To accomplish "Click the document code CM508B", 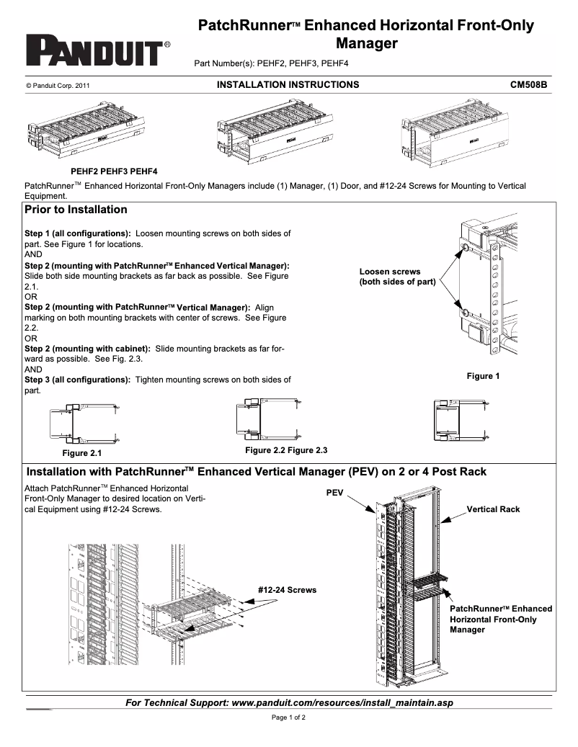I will coord(528,85).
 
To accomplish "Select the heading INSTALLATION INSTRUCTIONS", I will coord(288,85).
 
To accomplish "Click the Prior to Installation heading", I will coord(76,210).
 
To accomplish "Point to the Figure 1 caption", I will coord(484,376).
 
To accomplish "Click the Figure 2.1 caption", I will coord(82,454).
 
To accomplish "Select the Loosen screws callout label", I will coord(397,277).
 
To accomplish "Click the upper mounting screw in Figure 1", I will coord(465,249).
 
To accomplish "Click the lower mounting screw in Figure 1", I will coord(465,313).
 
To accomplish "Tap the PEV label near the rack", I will coord(335,493).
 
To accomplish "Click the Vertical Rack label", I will coord(493,509).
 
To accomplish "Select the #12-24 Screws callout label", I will coord(287,590).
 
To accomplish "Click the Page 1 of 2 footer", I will coord(288,717).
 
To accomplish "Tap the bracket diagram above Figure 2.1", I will coord(83,424).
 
